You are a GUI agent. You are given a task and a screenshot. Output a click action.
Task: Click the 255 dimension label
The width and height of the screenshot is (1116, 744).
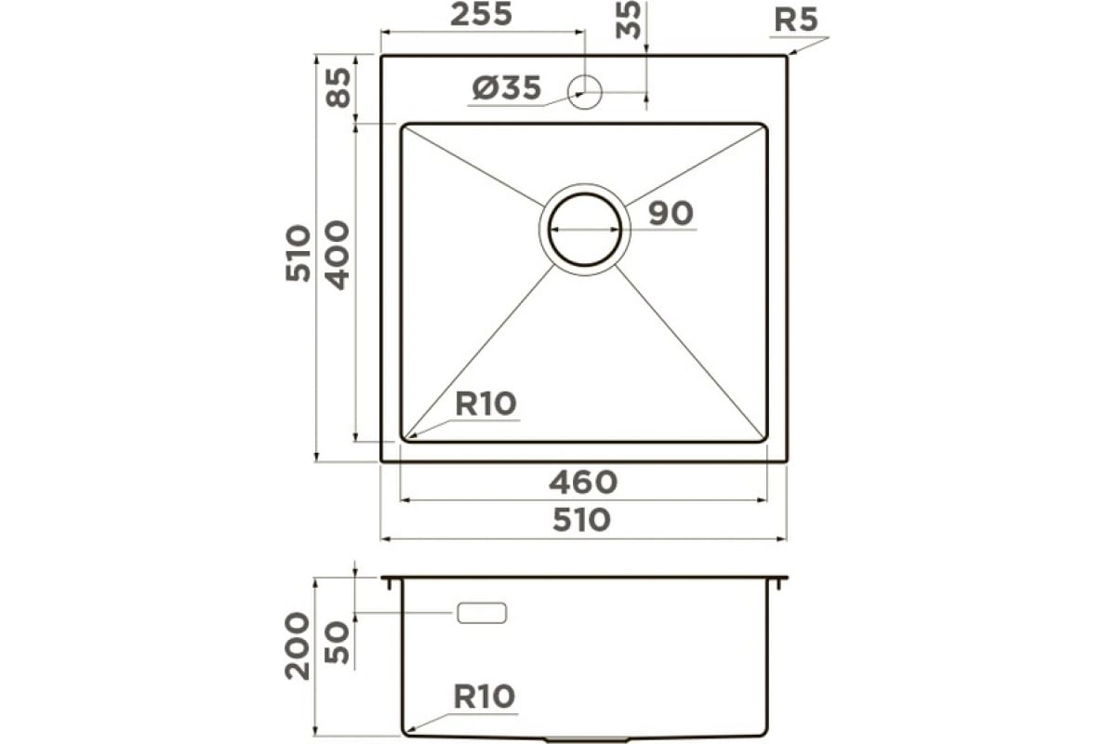(481, 15)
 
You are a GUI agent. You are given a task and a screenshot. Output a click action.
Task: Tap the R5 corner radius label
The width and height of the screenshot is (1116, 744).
(796, 20)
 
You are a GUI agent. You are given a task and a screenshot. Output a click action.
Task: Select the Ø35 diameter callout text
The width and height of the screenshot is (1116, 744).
(507, 88)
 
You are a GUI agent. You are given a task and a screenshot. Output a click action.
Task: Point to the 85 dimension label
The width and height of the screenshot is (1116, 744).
(339, 87)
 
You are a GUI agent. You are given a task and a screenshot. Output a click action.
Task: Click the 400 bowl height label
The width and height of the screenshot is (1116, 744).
(339, 255)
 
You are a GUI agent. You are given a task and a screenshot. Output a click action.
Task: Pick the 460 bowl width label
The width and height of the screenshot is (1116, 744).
(583, 483)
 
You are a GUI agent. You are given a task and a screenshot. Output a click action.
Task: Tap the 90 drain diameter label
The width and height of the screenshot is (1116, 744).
(671, 213)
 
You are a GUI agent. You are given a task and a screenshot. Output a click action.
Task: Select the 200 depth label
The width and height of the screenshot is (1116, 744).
(297, 646)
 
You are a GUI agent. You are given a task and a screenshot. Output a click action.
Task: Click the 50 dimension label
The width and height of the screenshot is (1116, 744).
(337, 643)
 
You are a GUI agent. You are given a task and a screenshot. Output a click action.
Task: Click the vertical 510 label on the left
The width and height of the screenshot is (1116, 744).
(298, 254)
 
